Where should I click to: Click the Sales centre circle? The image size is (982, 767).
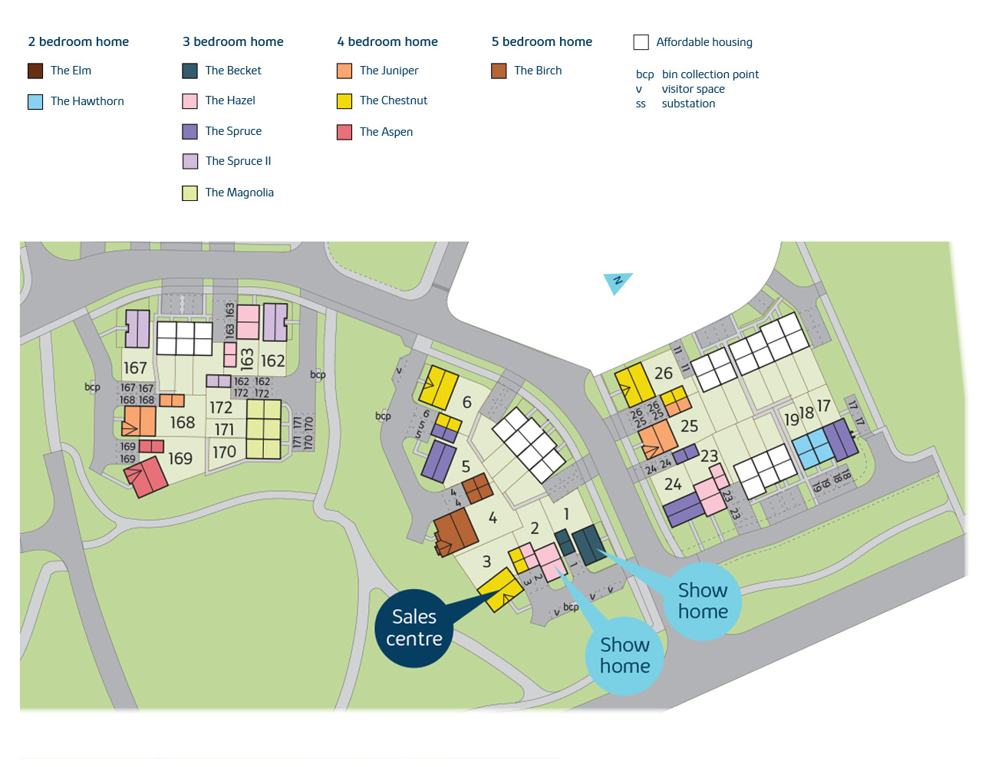click(x=414, y=628)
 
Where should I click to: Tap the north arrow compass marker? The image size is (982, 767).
click(x=617, y=282)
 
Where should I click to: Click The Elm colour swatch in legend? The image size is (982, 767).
click(x=35, y=71)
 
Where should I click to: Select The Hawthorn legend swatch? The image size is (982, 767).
click(x=35, y=102)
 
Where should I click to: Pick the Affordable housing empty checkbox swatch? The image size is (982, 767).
click(x=641, y=42)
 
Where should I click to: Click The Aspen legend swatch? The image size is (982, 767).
click(x=344, y=132)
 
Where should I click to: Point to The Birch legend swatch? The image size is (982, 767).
click(x=499, y=71)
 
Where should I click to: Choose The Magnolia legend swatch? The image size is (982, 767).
click(x=189, y=193)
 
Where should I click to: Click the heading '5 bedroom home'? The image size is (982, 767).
click(x=542, y=41)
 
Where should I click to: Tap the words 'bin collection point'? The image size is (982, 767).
click(x=710, y=74)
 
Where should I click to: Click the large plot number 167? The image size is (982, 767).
click(x=135, y=368)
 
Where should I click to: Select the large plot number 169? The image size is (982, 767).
click(x=180, y=459)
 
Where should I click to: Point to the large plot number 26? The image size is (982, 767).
click(x=664, y=373)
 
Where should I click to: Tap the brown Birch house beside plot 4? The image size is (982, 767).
click(x=455, y=530)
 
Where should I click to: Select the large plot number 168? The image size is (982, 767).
click(x=183, y=423)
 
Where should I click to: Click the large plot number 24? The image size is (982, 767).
click(x=673, y=484)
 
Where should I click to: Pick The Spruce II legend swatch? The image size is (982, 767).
click(x=190, y=161)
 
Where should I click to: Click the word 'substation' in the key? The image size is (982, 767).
click(x=688, y=104)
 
